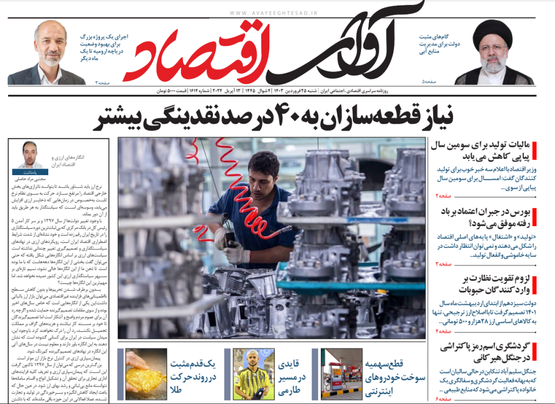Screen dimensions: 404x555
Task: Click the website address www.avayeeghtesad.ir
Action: [274, 12]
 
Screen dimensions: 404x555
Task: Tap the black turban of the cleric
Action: [492, 33]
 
